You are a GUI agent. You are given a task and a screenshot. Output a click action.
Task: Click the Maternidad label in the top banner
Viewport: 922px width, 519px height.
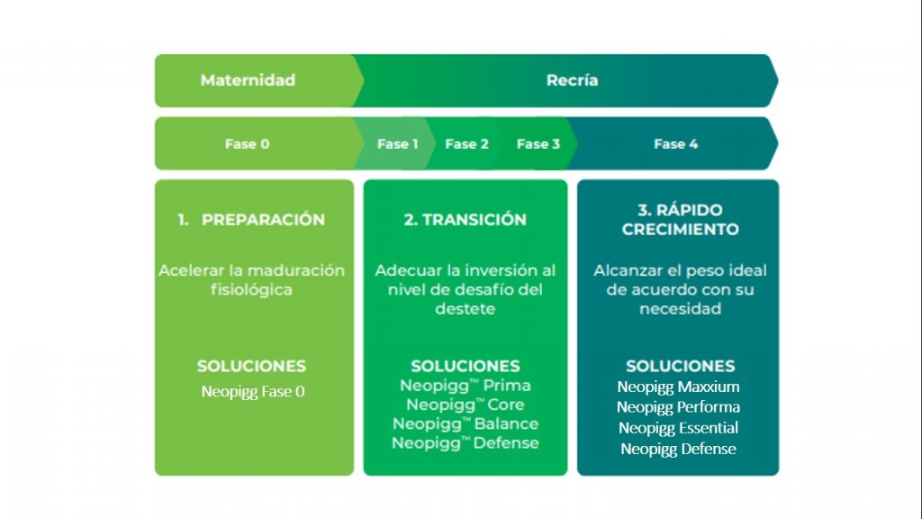coord(248,80)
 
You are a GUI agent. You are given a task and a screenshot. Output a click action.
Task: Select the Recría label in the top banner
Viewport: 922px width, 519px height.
coord(572,80)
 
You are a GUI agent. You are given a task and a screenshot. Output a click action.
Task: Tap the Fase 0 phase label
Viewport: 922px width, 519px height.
coord(247,143)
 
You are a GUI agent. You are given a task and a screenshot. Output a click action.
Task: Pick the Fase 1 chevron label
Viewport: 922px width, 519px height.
coord(397,143)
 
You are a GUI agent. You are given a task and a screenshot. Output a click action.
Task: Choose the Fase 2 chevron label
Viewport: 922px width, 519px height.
coord(467,143)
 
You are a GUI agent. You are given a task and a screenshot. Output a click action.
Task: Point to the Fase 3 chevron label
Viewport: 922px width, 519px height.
coord(538,143)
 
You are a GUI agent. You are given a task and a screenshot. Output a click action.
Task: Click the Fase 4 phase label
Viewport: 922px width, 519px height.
coord(675,143)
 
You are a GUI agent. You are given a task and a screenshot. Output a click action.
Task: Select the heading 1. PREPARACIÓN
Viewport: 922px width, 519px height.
coord(251,220)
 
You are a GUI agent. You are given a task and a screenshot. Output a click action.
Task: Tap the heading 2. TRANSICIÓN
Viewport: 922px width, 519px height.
coord(466,220)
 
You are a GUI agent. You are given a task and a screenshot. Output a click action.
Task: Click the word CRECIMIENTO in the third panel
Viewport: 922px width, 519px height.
coord(681,229)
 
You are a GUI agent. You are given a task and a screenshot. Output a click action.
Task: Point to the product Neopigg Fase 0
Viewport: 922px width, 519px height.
coord(253,391)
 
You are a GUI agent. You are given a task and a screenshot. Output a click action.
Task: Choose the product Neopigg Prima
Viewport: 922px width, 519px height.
coord(466,386)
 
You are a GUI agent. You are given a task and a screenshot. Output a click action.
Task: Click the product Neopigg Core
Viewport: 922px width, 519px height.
coord(466,405)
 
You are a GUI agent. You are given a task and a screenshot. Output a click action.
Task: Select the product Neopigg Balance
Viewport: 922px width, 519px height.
coord(466,423)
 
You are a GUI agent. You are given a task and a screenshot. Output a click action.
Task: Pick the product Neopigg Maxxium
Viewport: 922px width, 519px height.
coord(678,387)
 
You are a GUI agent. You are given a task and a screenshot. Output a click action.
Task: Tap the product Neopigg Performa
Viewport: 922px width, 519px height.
coord(678,407)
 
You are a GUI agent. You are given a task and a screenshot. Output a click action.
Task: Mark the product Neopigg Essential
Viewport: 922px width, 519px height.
coord(678,428)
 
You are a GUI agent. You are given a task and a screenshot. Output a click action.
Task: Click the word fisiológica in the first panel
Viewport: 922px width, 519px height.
coord(251,289)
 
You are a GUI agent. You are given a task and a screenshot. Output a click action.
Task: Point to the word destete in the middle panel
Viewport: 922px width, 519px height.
coord(466,308)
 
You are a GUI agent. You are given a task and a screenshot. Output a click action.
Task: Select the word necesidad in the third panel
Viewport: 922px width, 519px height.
coord(681,308)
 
